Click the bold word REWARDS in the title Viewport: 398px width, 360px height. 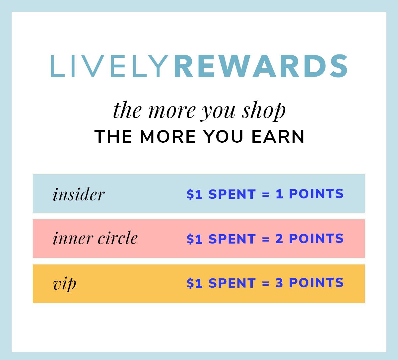click(x=261, y=66)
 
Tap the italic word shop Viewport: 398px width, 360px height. click(x=264, y=111)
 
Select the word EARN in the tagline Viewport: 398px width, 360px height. click(x=278, y=136)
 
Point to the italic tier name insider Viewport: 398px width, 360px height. click(x=79, y=194)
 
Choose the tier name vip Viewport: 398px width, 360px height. click(x=64, y=284)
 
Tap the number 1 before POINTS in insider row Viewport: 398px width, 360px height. click(x=279, y=193)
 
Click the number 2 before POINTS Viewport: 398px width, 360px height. click(x=279, y=238)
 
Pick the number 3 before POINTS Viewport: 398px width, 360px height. click(x=279, y=283)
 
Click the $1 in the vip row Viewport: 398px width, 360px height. click(x=195, y=283)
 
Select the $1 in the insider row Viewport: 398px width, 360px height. click(x=195, y=194)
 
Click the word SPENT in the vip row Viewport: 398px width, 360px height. click(x=232, y=283)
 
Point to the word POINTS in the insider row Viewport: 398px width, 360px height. click(x=316, y=193)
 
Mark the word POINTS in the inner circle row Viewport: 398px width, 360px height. click(x=316, y=238)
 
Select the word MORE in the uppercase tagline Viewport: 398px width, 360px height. click(x=168, y=136)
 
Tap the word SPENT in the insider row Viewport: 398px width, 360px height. click(x=232, y=194)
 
